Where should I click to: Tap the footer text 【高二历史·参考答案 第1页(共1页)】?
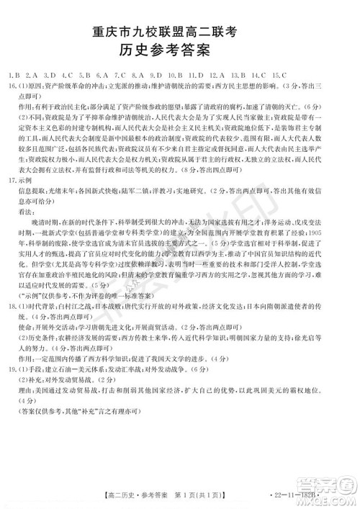pyautogui.click(x=159, y=495)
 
